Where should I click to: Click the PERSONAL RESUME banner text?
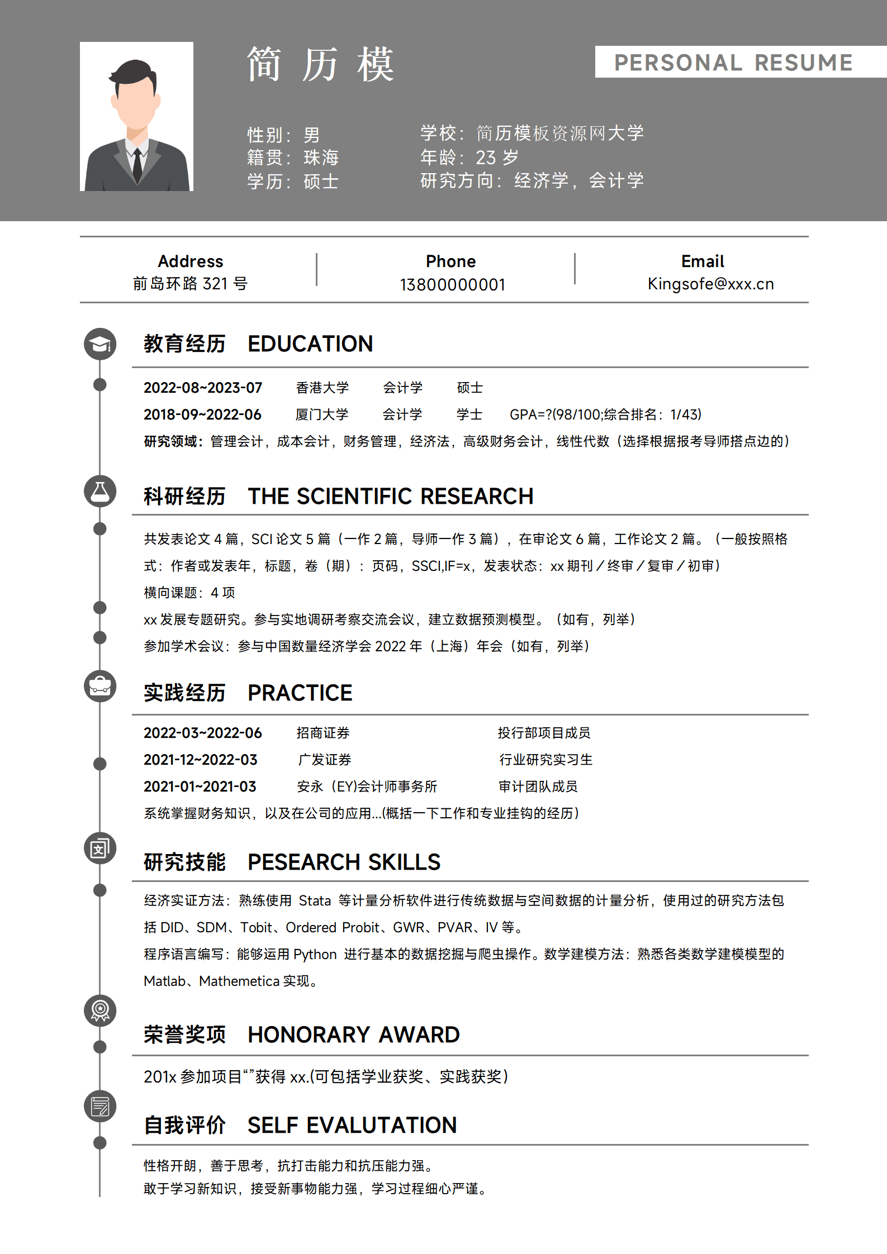[x=733, y=63]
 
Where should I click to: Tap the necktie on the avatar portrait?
[x=137, y=165]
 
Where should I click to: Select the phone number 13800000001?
[x=452, y=285]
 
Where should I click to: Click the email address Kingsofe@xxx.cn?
[x=710, y=284]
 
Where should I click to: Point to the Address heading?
[x=190, y=261]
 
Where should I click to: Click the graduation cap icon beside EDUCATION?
[x=100, y=344]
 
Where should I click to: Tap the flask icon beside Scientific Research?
[x=100, y=492]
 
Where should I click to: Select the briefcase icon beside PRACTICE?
[x=100, y=686]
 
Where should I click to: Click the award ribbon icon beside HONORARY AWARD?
[x=100, y=1010]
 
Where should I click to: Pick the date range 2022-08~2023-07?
[x=202, y=388]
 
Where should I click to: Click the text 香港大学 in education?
[x=322, y=388]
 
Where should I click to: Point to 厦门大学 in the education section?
[x=321, y=414]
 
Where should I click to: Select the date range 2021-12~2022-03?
[x=200, y=760]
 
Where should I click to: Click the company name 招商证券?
[x=322, y=733]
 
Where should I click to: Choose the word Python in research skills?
[x=315, y=954]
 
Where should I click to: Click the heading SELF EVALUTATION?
[x=352, y=1125]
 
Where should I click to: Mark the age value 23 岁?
[x=497, y=158]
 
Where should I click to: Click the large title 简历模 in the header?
[x=320, y=65]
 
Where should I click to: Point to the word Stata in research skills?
[x=315, y=900]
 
